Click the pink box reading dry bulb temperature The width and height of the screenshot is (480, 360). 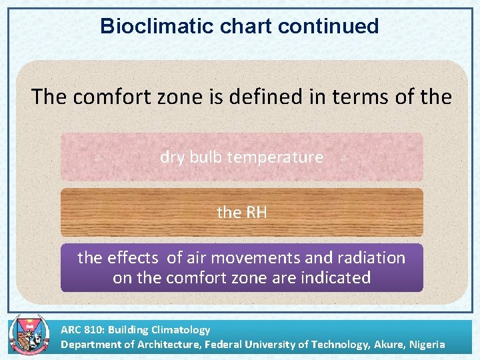pos(241,157)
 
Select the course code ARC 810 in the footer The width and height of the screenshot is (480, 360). pos(82,329)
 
